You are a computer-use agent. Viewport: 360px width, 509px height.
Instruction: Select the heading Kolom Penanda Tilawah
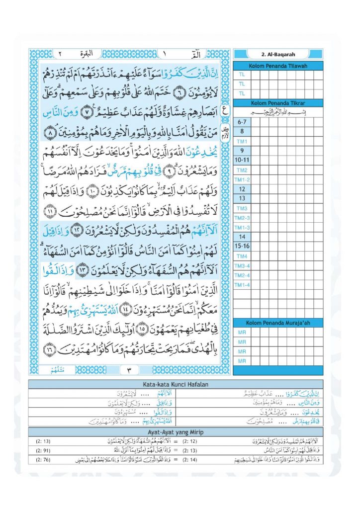coord(278,67)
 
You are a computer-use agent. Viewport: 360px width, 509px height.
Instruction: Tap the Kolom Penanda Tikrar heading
coord(278,103)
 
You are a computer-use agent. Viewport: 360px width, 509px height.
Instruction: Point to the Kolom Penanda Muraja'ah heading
coord(278,323)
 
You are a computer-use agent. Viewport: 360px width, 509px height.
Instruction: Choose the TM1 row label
coord(242,142)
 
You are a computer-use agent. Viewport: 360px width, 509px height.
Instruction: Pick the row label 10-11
coord(242,161)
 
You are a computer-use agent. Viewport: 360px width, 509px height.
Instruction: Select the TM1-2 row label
coord(242,179)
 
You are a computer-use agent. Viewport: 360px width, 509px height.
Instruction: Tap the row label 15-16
coord(242,247)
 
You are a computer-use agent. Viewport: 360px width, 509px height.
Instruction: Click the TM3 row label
coord(242,208)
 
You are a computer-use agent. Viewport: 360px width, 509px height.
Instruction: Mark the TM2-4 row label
coord(242,275)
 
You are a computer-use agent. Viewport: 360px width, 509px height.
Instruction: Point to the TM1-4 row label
coord(242,284)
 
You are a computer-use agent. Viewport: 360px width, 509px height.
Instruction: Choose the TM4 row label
coord(242,256)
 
